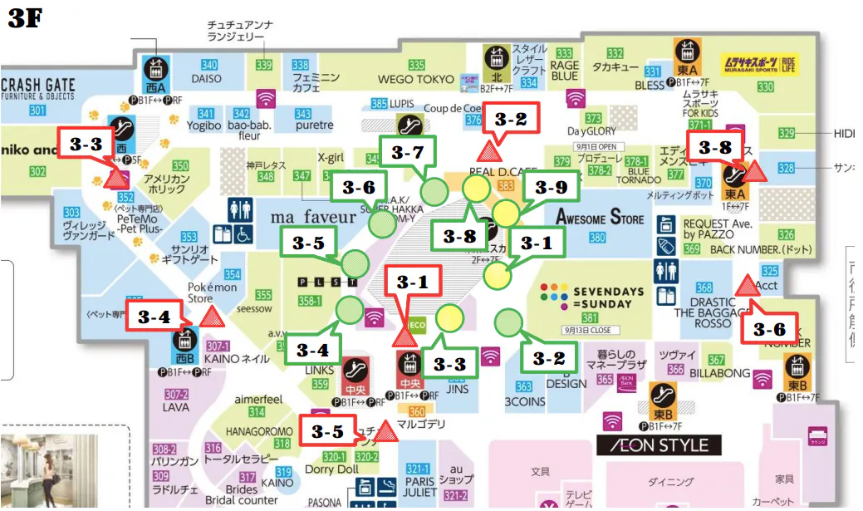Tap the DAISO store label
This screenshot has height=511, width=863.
click(206, 78)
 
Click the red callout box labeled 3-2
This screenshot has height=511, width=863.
click(510, 119)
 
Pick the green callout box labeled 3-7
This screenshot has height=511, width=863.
click(407, 152)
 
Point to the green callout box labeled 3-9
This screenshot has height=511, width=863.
click(549, 187)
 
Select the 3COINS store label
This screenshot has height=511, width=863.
click(524, 401)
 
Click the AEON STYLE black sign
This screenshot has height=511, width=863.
click(659, 445)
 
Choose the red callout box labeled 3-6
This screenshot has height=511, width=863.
click(770, 327)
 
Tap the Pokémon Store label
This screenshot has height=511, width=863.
click(200, 292)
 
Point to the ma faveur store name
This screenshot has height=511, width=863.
click(313, 217)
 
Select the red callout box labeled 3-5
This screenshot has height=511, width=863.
click(326, 431)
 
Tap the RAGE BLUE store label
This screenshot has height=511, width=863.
click(564, 71)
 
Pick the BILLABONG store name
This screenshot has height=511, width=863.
click(719, 374)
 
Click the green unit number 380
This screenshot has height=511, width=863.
click(597, 238)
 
